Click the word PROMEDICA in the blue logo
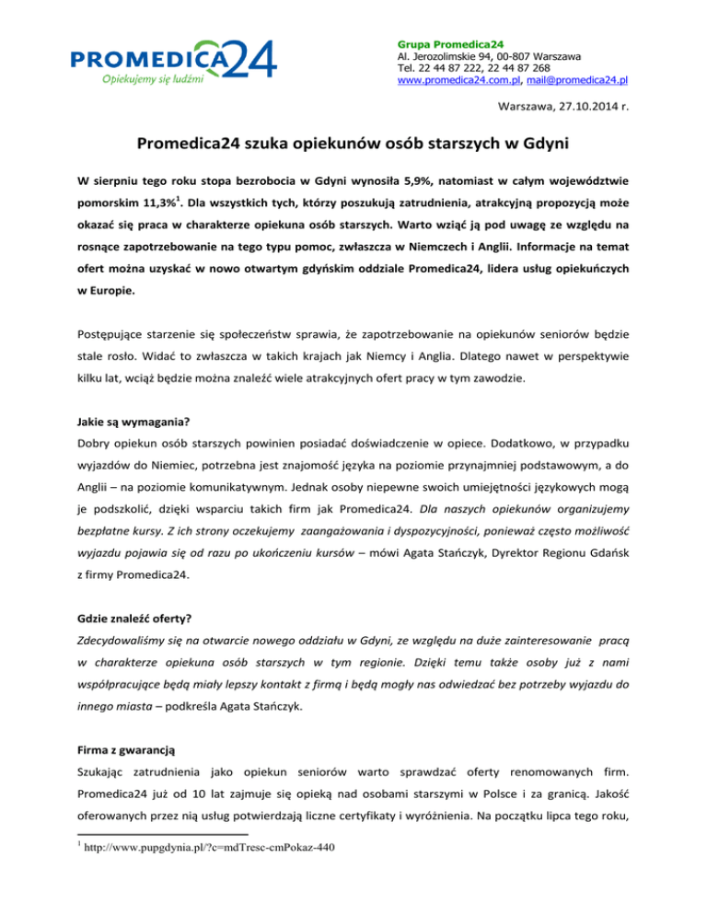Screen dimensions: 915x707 [150, 60]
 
